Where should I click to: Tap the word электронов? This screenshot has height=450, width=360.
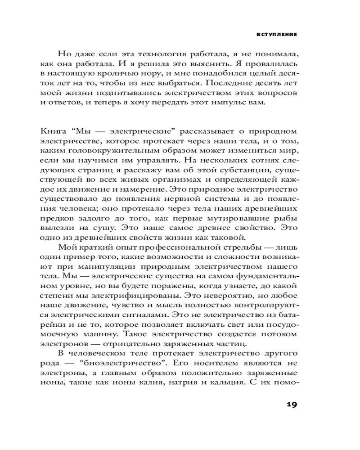59,345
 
